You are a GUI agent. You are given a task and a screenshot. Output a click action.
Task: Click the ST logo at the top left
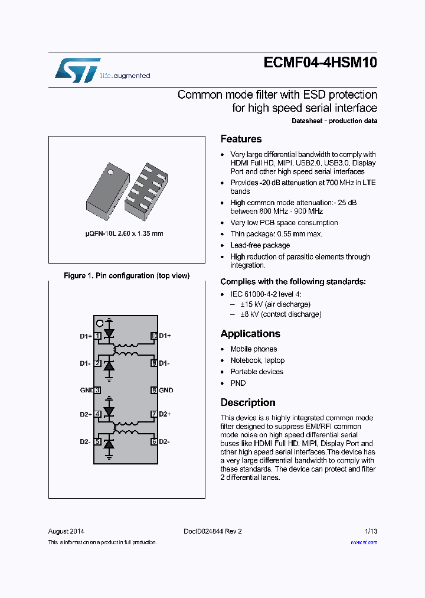click(77, 70)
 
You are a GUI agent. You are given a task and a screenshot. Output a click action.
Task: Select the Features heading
click(241, 139)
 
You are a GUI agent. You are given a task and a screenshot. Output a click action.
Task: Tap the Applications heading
click(250, 334)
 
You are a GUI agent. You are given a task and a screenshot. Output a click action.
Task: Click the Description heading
click(248, 402)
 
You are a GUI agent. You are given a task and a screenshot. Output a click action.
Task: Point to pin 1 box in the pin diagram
click(97, 336)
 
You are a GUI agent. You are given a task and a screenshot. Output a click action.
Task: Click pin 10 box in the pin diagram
click(153, 336)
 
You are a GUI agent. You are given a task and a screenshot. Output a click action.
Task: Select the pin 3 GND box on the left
click(97, 391)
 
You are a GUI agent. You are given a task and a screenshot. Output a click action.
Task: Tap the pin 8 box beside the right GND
click(153, 391)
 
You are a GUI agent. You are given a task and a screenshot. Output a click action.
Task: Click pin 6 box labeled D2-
click(153, 441)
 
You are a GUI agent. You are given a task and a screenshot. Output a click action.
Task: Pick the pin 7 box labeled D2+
click(153, 414)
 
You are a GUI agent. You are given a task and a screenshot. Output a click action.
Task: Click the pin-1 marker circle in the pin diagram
click(100, 323)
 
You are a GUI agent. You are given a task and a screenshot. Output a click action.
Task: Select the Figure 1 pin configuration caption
click(126, 276)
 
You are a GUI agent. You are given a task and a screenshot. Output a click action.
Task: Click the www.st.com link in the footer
click(364, 542)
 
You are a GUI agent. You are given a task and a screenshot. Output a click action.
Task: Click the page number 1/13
click(371, 531)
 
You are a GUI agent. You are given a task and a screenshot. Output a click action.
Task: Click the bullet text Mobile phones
click(253, 349)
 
